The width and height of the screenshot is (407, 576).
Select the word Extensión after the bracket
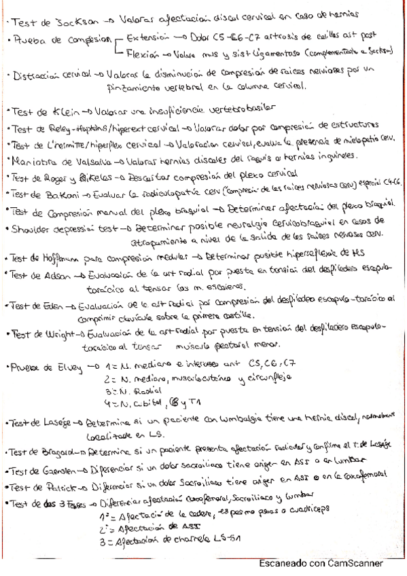click(x=146, y=37)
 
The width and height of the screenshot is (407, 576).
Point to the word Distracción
click(x=35, y=76)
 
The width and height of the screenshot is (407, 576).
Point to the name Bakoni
click(x=60, y=192)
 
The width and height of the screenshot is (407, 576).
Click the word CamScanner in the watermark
click(x=353, y=563)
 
